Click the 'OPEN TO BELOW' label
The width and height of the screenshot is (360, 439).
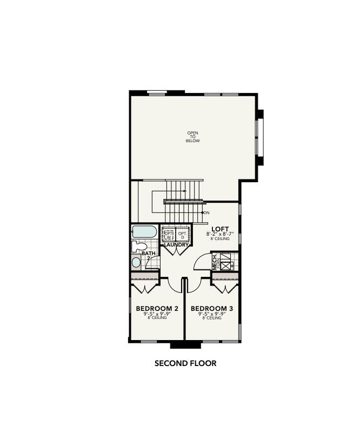(x=193, y=137)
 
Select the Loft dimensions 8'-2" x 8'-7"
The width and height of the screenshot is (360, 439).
(x=219, y=234)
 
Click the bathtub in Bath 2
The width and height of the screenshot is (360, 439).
(x=144, y=232)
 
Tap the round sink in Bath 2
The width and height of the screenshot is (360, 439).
(x=136, y=263)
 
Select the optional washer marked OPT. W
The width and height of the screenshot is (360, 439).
(x=168, y=235)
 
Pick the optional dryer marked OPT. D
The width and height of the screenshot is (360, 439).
(x=183, y=235)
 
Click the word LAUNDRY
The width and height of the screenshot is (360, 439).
(x=176, y=245)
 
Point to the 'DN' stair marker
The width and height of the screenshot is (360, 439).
(x=206, y=212)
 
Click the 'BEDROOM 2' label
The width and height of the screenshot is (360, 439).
(x=157, y=308)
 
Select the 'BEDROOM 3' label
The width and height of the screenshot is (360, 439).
(x=212, y=308)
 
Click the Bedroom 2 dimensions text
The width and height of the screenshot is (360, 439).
(x=157, y=314)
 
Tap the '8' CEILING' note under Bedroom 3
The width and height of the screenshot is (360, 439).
(x=212, y=318)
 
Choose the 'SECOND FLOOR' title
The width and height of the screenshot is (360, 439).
(x=185, y=363)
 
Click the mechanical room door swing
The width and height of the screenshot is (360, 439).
(x=201, y=261)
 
